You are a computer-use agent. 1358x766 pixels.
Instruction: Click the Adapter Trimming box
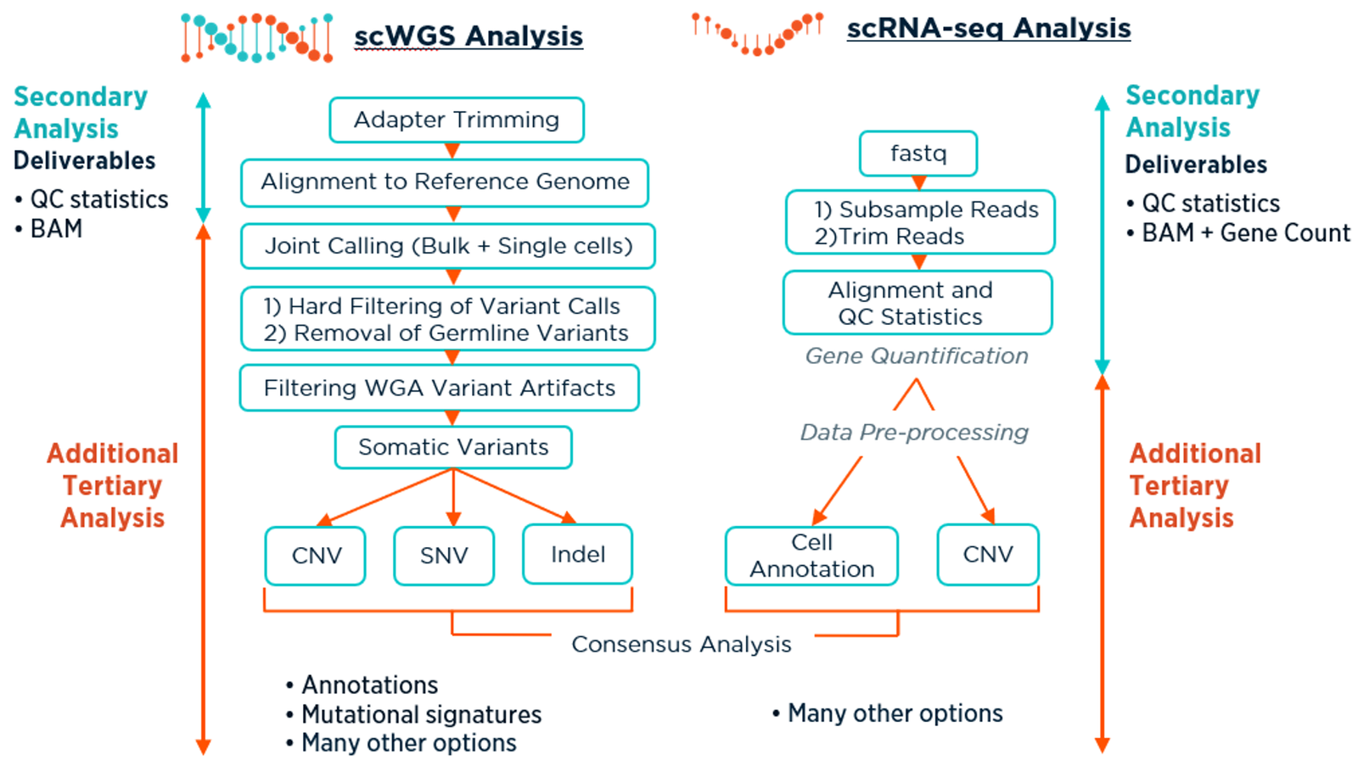457,120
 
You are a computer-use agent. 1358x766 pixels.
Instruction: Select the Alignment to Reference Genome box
445,182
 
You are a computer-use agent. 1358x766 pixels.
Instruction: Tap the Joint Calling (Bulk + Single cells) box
448,246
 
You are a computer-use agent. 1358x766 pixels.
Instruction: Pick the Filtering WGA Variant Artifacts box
440,388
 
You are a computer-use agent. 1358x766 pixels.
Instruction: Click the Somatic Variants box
453,447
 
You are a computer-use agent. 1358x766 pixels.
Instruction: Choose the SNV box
444,556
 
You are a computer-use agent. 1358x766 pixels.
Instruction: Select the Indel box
578,555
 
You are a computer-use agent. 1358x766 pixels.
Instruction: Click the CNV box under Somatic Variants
316,556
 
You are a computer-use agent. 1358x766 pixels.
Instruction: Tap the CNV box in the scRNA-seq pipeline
988,555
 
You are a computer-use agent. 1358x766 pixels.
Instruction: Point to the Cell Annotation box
811,556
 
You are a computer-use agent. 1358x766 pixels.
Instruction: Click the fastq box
918,154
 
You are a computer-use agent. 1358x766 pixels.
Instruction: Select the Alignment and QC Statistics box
917,303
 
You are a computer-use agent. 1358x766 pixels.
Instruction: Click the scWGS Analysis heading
469,36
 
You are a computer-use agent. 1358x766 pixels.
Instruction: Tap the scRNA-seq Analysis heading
989,28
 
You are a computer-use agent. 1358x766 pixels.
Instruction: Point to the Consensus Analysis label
682,645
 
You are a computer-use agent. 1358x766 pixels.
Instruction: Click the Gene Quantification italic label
917,356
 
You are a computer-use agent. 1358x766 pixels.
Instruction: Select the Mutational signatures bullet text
421,714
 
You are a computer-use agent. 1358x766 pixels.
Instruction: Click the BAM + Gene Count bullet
1245,233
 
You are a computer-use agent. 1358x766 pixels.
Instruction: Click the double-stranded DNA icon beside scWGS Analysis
256,38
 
